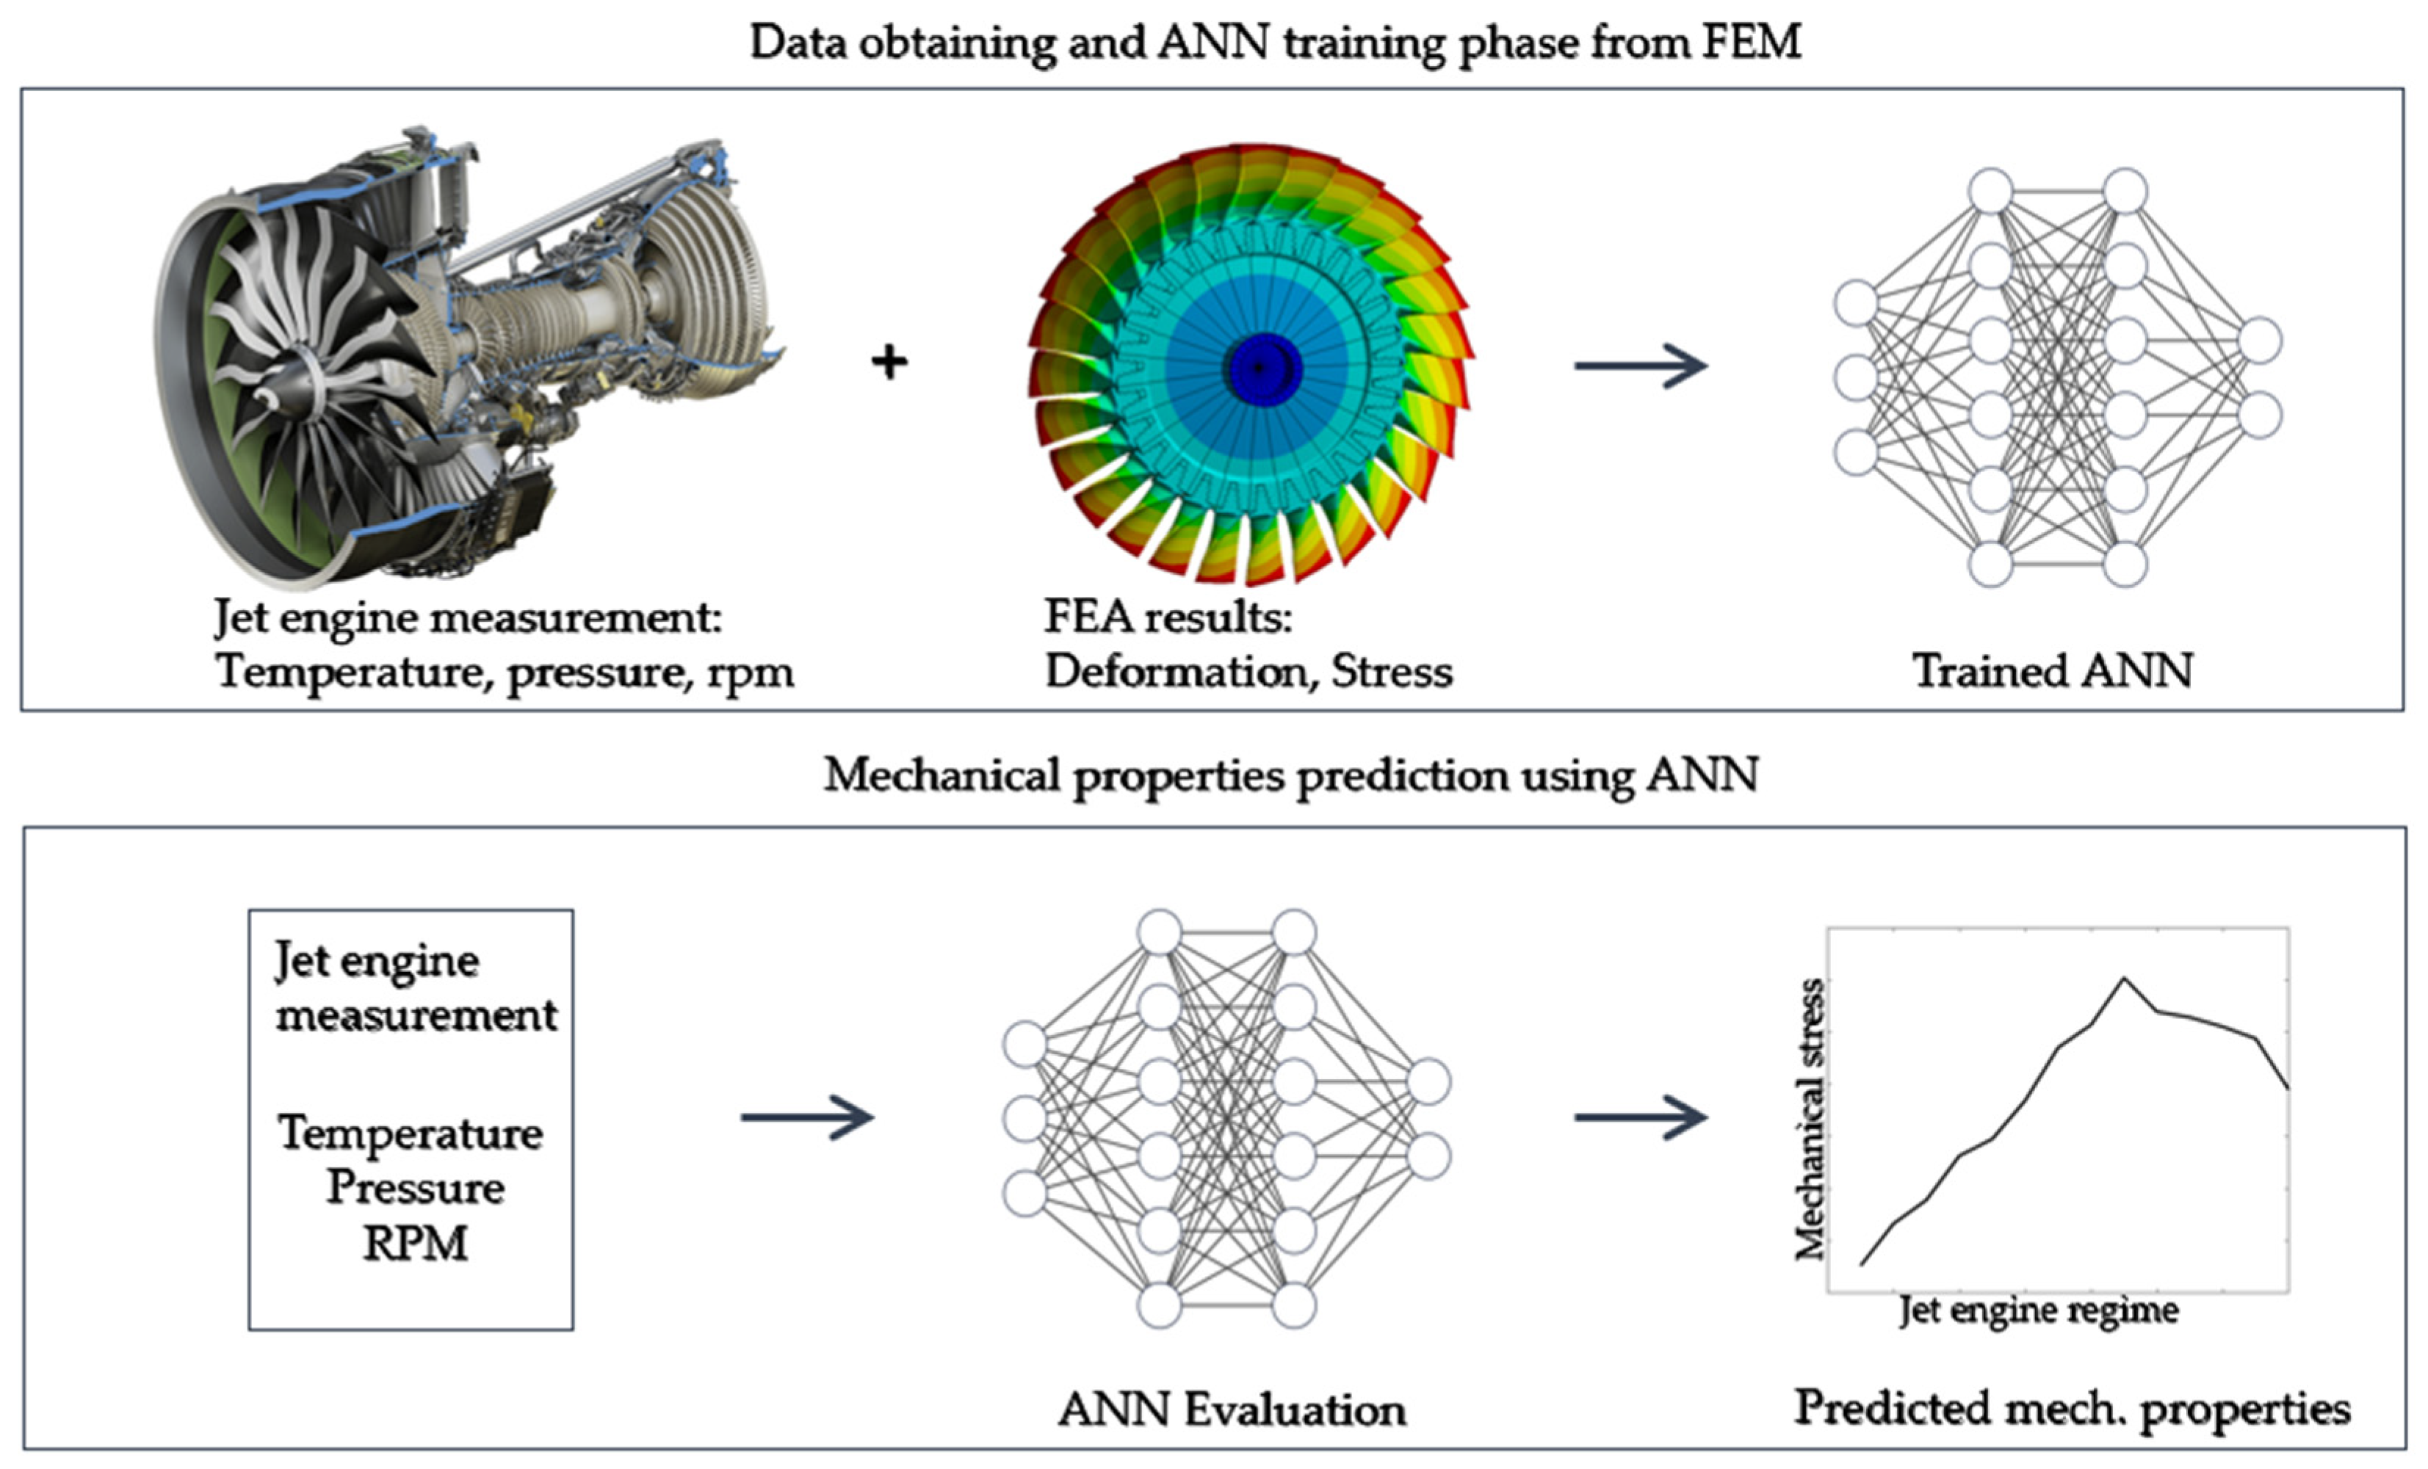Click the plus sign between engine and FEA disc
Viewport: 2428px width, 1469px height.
[889, 363]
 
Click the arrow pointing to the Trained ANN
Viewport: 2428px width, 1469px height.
[1640, 366]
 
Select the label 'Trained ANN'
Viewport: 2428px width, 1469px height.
[2053, 671]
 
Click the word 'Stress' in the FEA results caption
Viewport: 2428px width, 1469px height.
[1392, 671]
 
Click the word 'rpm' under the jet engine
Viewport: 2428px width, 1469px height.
[750, 673]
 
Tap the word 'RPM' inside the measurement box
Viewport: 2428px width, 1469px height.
[415, 1244]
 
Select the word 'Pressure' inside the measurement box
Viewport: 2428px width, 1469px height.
[415, 1187]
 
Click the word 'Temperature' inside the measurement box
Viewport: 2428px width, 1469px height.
[410, 1132]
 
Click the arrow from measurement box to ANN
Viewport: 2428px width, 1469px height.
[807, 1117]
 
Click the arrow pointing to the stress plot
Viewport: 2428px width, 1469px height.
[1640, 1117]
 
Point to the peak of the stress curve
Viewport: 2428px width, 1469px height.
[2123, 979]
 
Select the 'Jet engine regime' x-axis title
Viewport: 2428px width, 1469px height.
[2038, 1310]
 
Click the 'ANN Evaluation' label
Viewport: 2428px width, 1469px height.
[1232, 1410]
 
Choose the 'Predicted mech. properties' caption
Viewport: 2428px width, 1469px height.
[2071, 1408]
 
